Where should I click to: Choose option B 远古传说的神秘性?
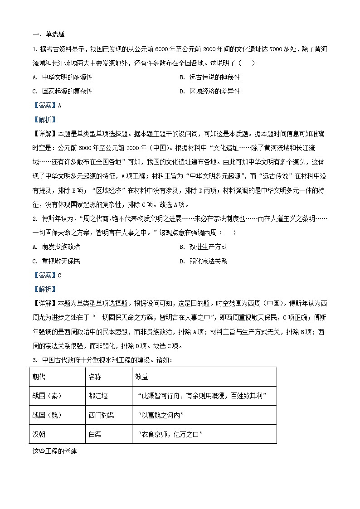point(209,78)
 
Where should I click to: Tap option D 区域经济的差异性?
point(209,91)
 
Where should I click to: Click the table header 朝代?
point(39,377)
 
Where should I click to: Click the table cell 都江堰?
point(98,396)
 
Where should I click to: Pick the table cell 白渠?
point(95,434)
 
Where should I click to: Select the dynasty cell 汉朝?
point(39,434)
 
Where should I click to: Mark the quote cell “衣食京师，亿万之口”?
point(169,434)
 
